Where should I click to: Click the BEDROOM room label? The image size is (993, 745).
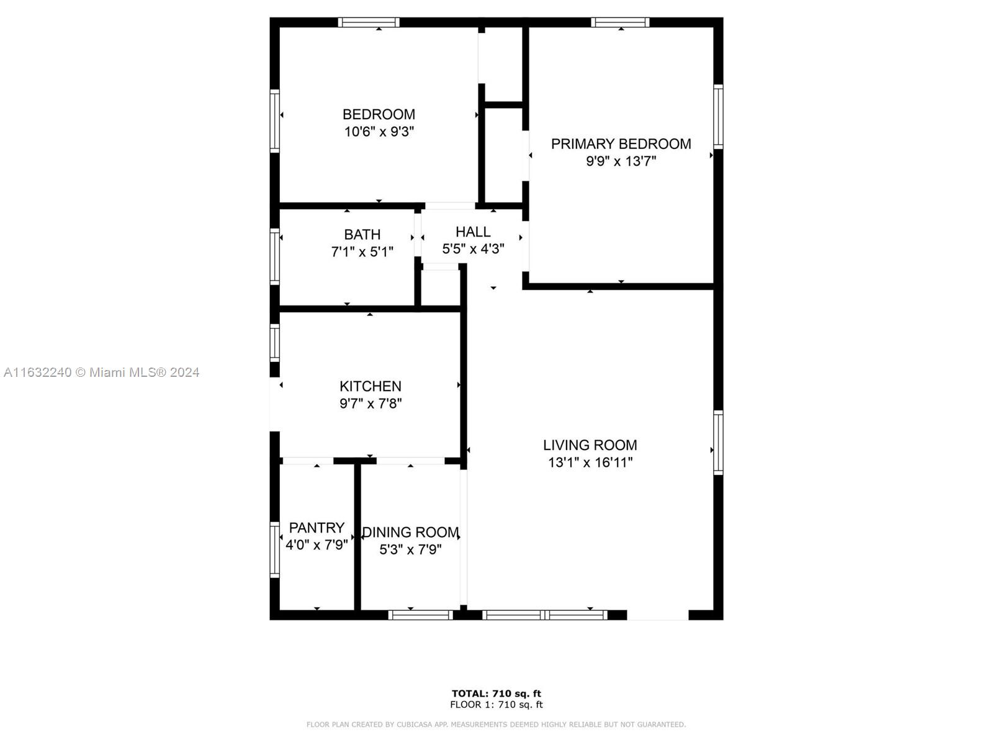tap(379, 114)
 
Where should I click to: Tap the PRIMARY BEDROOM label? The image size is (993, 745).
tap(621, 144)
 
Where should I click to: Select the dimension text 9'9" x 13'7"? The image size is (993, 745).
tap(621, 161)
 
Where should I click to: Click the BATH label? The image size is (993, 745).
tap(362, 234)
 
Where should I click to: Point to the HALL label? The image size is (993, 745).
tap(473, 232)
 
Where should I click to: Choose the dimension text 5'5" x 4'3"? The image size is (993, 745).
tap(473, 249)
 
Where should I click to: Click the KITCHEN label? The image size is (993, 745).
tap(370, 386)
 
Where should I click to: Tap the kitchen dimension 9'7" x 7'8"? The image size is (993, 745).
tap(370, 404)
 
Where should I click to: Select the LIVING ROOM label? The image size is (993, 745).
tap(590, 445)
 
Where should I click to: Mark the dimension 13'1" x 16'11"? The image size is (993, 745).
tap(590, 463)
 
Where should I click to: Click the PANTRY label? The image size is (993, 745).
tap(317, 528)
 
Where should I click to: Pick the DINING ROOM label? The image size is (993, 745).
tap(410, 532)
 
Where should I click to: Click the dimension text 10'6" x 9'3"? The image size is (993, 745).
tap(379, 132)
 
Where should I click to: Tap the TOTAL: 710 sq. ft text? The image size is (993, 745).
tap(496, 693)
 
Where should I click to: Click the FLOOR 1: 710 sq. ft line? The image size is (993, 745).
tap(496, 704)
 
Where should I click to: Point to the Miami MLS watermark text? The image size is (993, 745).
tap(101, 372)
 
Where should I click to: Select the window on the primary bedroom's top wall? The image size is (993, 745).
tap(620, 22)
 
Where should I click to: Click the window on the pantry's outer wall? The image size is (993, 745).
tap(274, 549)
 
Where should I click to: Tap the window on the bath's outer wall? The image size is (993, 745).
tap(274, 256)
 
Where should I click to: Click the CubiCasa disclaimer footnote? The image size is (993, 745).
tap(496, 725)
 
